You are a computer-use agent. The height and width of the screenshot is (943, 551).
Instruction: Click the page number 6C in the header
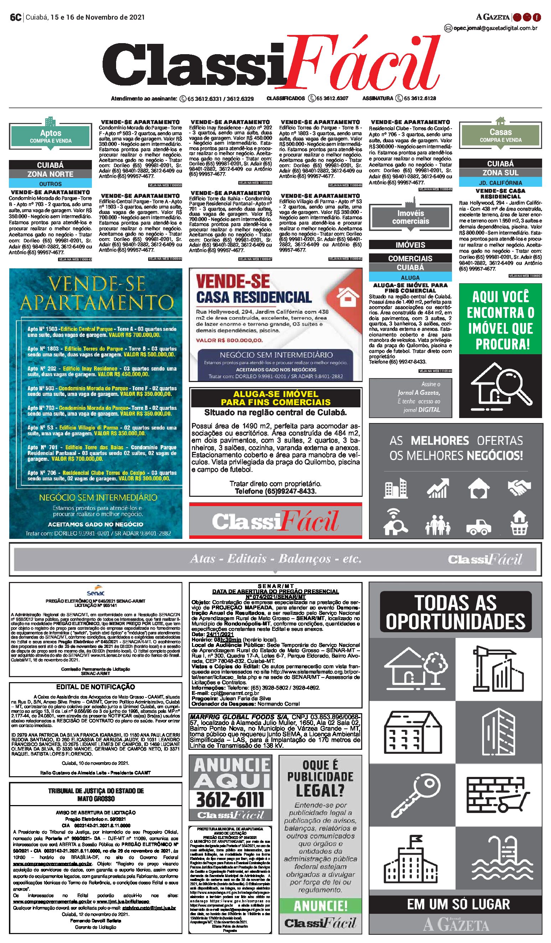point(15,17)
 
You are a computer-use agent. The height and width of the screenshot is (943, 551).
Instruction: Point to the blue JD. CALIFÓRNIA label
point(500,182)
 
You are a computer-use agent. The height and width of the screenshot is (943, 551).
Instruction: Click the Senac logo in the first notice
point(95,591)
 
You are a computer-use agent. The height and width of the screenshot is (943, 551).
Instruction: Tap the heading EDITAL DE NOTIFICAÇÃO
point(95,687)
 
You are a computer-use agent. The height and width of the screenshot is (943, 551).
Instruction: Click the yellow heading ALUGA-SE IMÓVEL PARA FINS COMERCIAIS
point(276,398)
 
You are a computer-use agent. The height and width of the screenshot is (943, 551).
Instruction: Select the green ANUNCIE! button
point(321,906)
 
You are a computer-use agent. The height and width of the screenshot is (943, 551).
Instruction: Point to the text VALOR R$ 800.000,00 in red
point(229,340)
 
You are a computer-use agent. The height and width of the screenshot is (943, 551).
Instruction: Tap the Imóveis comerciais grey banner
point(410,217)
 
